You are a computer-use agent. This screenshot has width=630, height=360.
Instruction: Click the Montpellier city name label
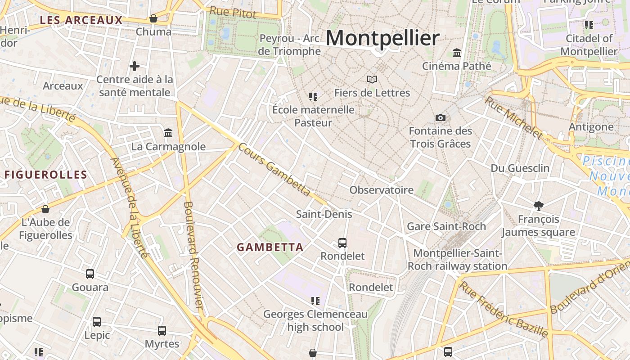382,38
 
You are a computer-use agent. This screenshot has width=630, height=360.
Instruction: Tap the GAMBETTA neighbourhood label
270,247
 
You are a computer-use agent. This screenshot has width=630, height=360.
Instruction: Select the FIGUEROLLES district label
45,175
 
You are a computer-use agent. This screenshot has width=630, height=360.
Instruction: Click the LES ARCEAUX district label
81,20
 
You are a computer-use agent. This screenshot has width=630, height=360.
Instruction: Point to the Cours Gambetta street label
274,170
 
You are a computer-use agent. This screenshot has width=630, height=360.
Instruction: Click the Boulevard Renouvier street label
194,254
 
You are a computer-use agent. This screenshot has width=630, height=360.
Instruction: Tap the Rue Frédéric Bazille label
504,310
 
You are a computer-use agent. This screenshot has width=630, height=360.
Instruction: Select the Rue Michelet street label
513,117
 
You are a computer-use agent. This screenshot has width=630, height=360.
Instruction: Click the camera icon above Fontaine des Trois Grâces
441,118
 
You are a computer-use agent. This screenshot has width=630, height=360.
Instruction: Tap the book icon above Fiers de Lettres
372,80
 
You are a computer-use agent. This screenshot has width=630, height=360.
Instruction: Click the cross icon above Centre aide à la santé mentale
134,67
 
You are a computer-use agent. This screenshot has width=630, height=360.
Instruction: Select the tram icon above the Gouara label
90,274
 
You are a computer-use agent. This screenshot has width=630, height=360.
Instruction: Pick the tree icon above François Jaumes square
538,206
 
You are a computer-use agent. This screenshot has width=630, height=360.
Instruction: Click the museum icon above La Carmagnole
168,133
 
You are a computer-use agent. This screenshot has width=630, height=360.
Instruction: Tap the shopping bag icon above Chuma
153,18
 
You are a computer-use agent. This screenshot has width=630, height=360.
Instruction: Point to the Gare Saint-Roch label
446,226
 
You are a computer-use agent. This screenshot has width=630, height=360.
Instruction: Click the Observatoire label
382,190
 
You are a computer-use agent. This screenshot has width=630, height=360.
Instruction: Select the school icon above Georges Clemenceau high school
315,301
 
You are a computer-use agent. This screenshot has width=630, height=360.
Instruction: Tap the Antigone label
591,127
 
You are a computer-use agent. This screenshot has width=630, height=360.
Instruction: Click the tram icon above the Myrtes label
162,331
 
